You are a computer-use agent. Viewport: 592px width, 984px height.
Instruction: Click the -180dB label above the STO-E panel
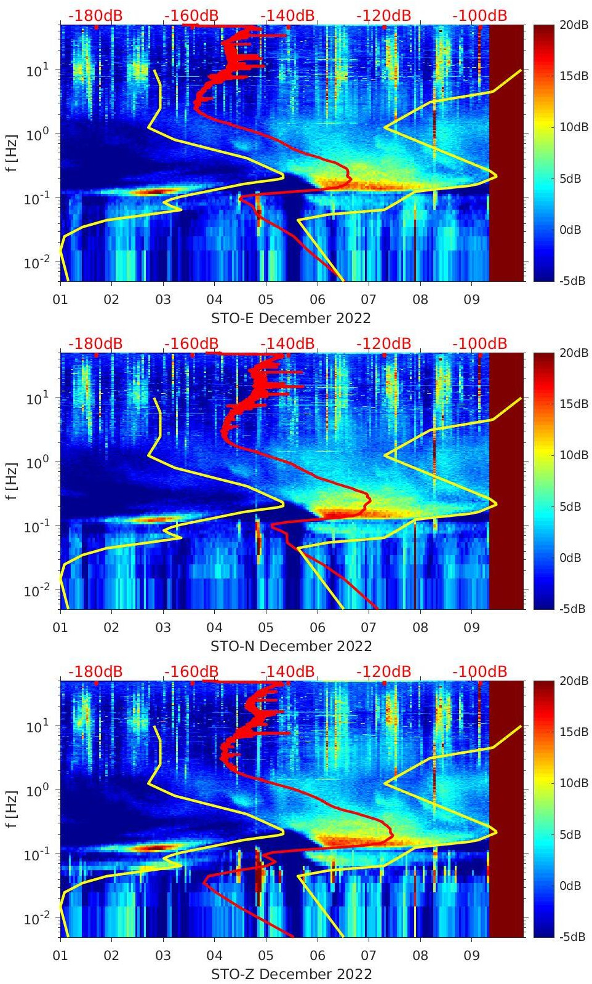pyautogui.click(x=95, y=15)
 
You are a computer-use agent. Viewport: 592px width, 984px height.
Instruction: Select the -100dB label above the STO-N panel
pyautogui.click(x=479, y=343)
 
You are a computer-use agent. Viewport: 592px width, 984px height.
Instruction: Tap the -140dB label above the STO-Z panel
pyautogui.click(x=287, y=671)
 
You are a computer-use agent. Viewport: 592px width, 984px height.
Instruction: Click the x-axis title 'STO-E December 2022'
pyautogui.click(x=291, y=318)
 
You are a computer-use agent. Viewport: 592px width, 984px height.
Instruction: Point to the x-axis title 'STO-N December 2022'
pyautogui.click(x=291, y=646)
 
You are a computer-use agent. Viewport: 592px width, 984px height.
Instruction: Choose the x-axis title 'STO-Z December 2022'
pyautogui.click(x=291, y=974)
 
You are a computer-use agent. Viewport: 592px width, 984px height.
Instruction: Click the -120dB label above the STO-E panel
pyautogui.click(x=383, y=15)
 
